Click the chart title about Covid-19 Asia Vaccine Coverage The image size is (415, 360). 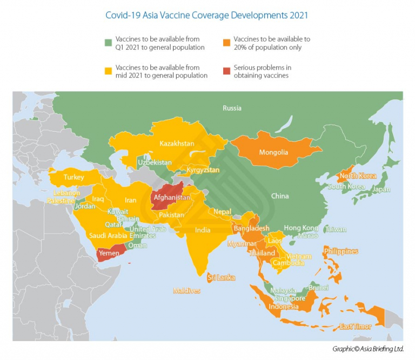207,15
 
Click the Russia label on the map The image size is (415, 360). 232,108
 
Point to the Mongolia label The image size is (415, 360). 273,152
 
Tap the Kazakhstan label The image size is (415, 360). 177,144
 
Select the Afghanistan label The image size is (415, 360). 172,198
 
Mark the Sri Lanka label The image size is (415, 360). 222,277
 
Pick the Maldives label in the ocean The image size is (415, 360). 186,290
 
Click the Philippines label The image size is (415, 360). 341,251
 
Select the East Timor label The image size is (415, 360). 354,327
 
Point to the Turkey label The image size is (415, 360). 73,177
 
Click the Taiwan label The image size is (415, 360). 336,229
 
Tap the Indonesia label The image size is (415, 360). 284,307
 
